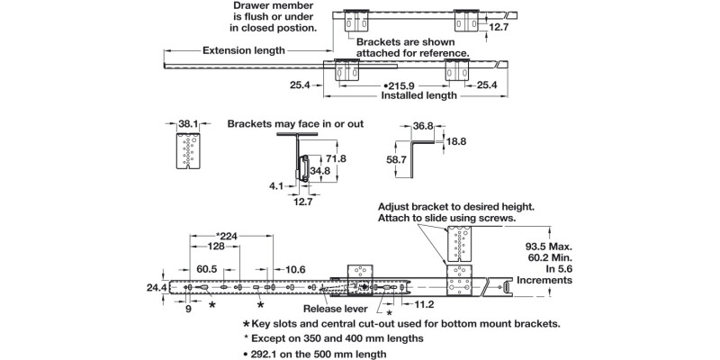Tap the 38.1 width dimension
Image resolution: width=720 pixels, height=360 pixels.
(x=187, y=124)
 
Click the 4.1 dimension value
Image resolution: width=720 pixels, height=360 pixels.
(x=275, y=186)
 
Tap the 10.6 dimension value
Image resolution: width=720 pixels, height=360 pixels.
(x=294, y=268)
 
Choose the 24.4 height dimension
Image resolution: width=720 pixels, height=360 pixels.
(x=155, y=288)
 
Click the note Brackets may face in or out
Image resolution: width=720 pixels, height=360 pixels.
(x=295, y=123)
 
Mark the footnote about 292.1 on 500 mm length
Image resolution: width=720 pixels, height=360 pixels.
(x=315, y=354)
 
